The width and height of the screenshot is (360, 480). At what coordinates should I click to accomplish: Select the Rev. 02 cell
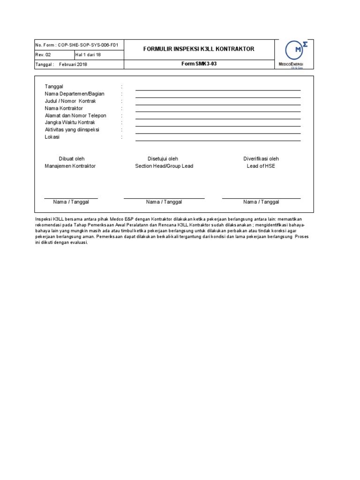(54, 55)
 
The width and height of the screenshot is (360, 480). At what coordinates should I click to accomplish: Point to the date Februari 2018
(73, 64)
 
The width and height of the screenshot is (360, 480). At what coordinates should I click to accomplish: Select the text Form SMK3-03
(199, 64)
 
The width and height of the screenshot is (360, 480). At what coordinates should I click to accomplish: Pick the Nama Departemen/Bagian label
(75, 94)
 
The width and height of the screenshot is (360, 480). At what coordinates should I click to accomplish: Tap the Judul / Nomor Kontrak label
(70, 101)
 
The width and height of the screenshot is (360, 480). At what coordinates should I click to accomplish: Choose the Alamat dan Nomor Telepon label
(75, 115)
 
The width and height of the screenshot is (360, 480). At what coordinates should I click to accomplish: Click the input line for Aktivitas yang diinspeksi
(218, 133)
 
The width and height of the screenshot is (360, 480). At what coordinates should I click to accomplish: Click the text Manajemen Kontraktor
(70, 166)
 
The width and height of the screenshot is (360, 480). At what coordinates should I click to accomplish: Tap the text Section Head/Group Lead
(164, 166)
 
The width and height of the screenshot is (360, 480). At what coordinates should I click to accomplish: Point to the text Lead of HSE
(261, 166)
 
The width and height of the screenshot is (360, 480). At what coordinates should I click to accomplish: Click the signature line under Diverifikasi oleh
(261, 198)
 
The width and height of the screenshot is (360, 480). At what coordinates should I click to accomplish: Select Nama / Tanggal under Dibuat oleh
(71, 202)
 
